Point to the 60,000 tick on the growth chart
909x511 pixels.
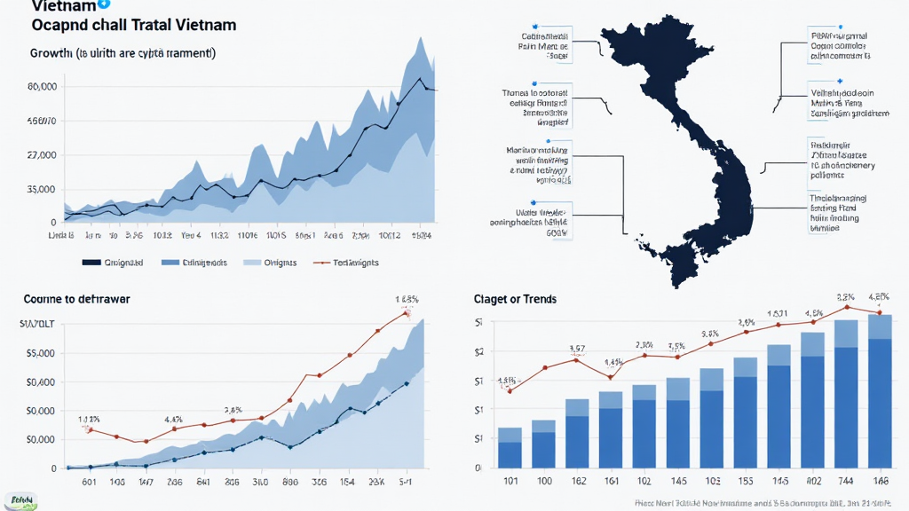(x=43, y=87)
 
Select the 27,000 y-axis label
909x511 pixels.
(x=43, y=154)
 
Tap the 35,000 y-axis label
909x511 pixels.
(x=43, y=189)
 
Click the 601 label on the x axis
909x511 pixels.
(x=89, y=483)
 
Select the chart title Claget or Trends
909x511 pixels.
(x=516, y=299)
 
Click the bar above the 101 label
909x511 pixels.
(x=510, y=448)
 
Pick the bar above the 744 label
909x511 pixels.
(x=846, y=394)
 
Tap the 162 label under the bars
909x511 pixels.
(x=577, y=483)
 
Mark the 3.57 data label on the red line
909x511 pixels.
(x=577, y=348)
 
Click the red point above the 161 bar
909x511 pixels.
(x=611, y=377)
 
